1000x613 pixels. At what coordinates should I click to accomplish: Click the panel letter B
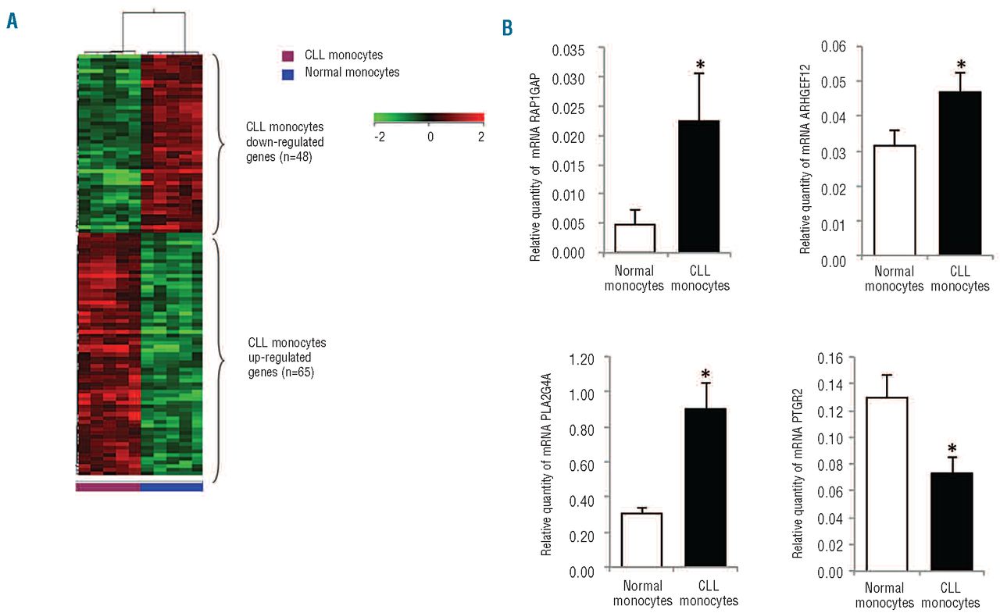coord(508,29)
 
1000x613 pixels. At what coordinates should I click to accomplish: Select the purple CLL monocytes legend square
coord(287,55)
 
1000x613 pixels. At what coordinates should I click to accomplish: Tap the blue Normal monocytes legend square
coord(287,73)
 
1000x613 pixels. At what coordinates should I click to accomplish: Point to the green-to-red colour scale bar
coord(429,118)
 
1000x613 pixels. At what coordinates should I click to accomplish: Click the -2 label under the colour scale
coord(379,136)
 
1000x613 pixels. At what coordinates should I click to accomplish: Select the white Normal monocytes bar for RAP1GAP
coord(634,238)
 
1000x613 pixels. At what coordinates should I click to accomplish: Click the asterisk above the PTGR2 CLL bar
coord(952,449)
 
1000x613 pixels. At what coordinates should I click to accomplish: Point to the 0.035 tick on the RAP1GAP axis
coord(568,50)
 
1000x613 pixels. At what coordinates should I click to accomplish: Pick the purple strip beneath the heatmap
coord(108,486)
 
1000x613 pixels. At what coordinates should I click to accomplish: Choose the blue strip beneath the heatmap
coord(171,486)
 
